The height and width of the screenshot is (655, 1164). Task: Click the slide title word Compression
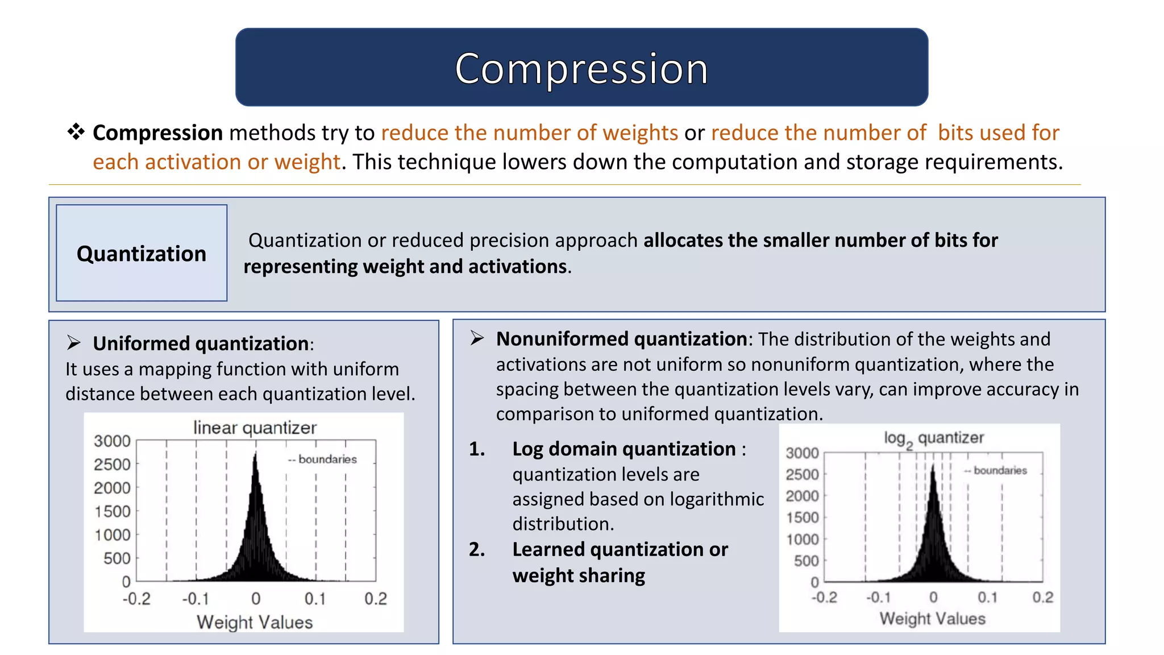[x=581, y=69]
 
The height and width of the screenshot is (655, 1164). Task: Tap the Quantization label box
[x=142, y=253]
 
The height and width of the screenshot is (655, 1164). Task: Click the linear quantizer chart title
[x=255, y=428]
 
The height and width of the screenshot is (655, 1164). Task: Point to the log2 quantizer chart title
[x=933, y=438]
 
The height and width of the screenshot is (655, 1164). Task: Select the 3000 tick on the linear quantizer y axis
[x=113, y=441]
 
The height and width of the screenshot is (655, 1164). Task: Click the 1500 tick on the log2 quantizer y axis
[x=802, y=517]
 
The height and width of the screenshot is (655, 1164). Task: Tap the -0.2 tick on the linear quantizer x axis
[x=137, y=599]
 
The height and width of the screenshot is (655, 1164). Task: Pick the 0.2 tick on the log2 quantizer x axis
[x=1042, y=597]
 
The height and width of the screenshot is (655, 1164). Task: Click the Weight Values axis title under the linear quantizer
[x=255, y=622]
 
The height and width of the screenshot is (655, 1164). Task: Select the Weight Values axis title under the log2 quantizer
[x=932, y=619]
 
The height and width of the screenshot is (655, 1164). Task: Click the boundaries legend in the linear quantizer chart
[x=322, y=459]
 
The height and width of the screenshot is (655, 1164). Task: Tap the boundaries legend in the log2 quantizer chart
[x=996, y=470]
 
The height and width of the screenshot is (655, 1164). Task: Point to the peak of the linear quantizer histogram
[x=255, y=454]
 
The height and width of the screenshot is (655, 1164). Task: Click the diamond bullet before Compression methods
[x=76, y=132]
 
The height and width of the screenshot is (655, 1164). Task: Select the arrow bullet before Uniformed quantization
[x=73, y=343]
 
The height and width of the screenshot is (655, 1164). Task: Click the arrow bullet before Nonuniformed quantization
[x=477, y=338]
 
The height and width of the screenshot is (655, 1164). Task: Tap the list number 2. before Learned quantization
[x=477, y=549]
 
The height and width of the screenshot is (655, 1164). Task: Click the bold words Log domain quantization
[x=623, y=449]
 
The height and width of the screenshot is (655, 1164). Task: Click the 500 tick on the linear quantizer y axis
[x=117, y=558]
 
